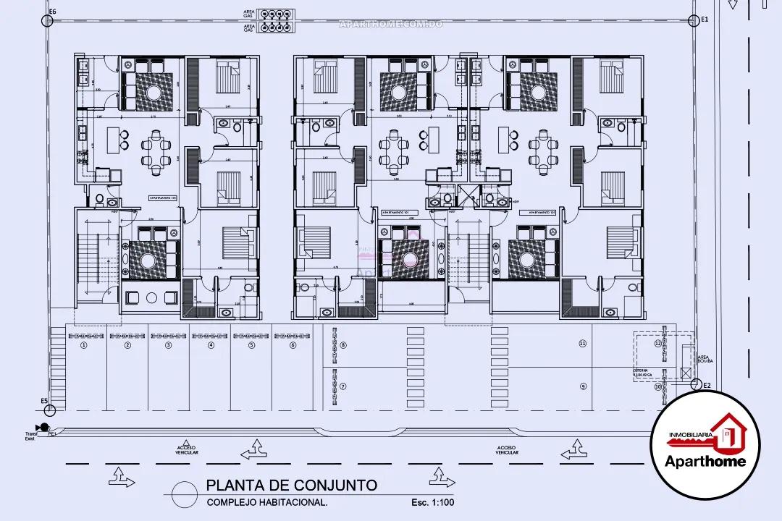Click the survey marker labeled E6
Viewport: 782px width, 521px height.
pos(48,21)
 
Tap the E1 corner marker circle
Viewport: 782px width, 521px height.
pos(695,20)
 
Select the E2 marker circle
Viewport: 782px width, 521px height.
pos(695,384)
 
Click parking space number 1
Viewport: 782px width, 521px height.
pos(83,345)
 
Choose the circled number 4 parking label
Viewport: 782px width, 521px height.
pos(211,345)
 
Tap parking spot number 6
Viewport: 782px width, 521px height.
pos(293,345)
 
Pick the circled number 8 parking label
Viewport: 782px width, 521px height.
pos(343,345)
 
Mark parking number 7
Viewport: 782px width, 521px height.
pos(343,386)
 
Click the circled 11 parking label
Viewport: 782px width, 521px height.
pos(581,342)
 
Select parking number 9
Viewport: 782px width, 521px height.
pos(581,386)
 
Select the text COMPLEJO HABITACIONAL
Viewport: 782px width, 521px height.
pos(267,502)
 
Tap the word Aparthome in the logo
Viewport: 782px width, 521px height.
pos(715,461)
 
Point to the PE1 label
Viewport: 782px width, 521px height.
pos(52,435)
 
